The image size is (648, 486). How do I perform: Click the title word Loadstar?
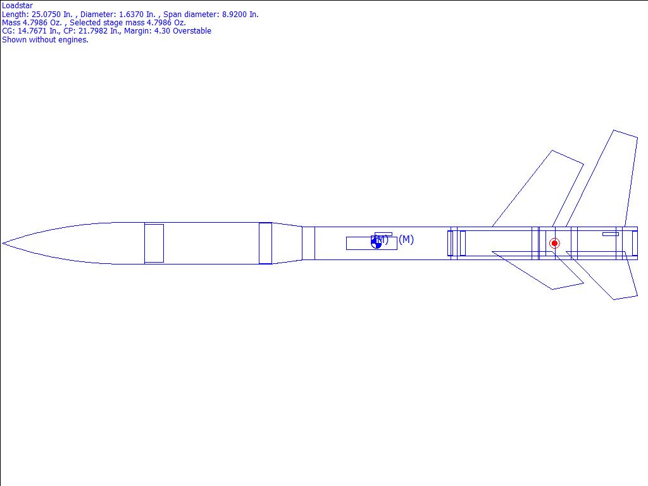(x=17, y=5)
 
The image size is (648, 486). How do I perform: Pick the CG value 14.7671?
(x=32, y=30)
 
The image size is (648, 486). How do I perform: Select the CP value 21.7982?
(x=93, y=30)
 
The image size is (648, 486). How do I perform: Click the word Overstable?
(x=192, y=30)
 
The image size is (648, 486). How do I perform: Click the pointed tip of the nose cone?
(x=3, y=243)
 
